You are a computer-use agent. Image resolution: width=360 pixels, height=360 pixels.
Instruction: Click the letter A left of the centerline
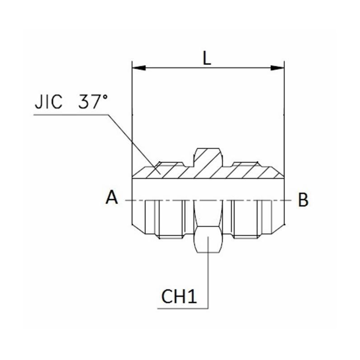point(112,198)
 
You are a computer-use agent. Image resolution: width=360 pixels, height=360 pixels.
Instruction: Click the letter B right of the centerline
point(303,199)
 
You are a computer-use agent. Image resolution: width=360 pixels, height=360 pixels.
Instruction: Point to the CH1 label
point(179,297)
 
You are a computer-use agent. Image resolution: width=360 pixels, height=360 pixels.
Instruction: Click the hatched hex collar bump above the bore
point(208,157)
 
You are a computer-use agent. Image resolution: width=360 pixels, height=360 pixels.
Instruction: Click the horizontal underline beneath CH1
point(182,309)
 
